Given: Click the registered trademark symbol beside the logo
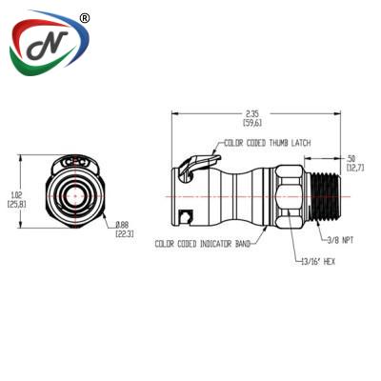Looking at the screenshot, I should point(85,18).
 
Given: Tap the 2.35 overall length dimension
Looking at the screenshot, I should point(253,114).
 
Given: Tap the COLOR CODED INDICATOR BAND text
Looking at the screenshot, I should point(203,244).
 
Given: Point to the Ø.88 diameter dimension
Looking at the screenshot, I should point(124,225).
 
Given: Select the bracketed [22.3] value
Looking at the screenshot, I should point(124,233).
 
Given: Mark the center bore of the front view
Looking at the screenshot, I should point(75,196).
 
